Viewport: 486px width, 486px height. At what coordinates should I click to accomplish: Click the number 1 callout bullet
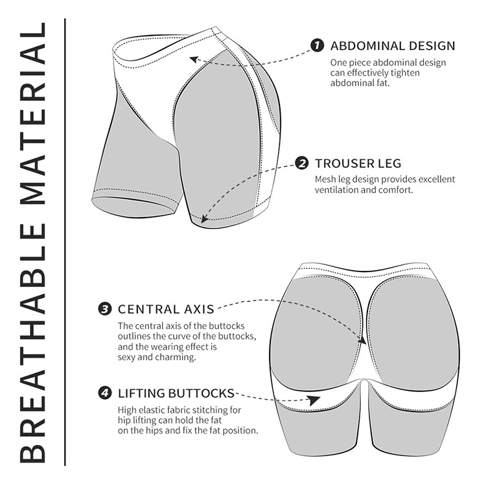pyautogui.click(x=317, y=45)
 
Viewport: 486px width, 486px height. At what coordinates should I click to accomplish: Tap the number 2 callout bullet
pyautogui.click(x=301, y=163)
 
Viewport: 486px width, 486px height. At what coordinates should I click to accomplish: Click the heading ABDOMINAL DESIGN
pyautogui.click(x=393, y=46)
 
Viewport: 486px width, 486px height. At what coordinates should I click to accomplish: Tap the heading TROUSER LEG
pyautogui.click(x=358, y=163)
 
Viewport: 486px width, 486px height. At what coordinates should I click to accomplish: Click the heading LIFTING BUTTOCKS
pyautogui.click(x=176, y=393)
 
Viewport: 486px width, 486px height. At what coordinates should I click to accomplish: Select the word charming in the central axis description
pyautogui.click(x=177, y=357)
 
